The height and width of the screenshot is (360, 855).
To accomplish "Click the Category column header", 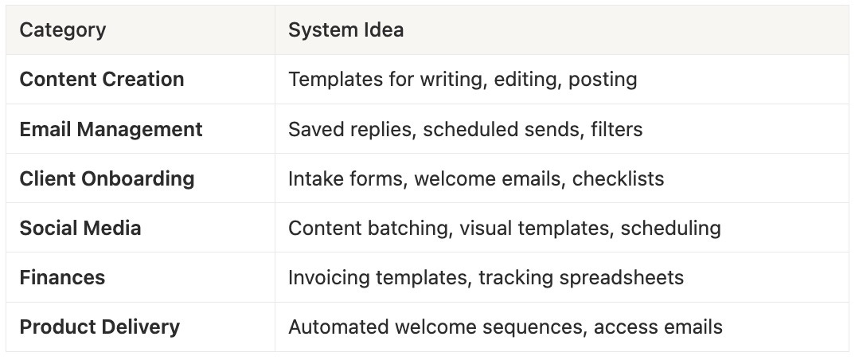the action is [62, 30].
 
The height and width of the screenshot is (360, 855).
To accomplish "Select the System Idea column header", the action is [346, 30].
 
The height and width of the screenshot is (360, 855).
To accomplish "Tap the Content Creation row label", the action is [102, 80].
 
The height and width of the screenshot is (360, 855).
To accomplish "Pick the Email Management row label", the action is [111, 129].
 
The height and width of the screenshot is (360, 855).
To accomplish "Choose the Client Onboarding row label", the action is [107, 178].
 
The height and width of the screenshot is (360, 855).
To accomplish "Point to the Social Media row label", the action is [80, 228].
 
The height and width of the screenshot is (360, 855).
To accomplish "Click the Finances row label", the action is [62, 277].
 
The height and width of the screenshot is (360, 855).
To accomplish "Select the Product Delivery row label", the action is [100, 327].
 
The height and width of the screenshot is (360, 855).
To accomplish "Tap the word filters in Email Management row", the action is [617, 129].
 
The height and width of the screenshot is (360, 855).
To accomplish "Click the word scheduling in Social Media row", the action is [670, 228].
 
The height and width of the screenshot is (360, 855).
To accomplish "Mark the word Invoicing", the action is [327, 277].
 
